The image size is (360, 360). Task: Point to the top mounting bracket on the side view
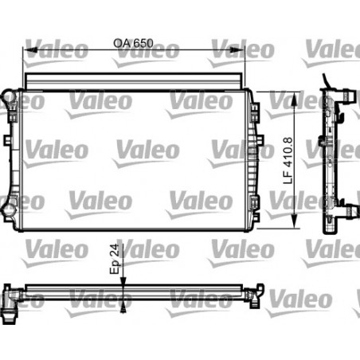[x=346, y=94]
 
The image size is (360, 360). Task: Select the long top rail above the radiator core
[x=133, y=82]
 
